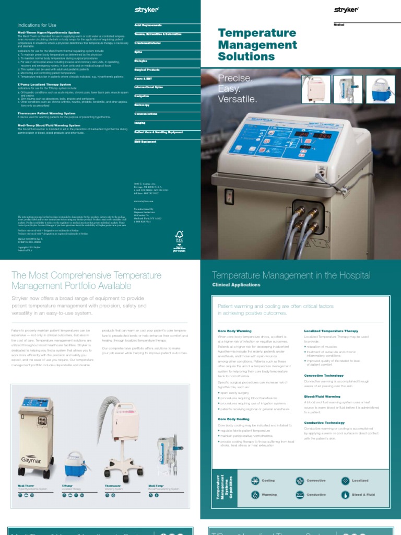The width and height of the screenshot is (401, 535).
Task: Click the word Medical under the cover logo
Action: click(339, 25)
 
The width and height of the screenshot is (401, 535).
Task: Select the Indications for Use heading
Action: click(37, 25)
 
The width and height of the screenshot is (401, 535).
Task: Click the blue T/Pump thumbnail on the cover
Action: click(380, 89)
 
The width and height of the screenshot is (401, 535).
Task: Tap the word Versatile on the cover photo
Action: click(238, 99)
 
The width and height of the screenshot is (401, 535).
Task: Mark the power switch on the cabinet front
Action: click(229, 197)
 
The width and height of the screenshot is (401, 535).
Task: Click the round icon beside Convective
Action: click(300, 481)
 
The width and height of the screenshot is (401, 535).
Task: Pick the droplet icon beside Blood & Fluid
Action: click(345, 494)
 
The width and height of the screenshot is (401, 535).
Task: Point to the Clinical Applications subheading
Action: click(236, 285)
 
